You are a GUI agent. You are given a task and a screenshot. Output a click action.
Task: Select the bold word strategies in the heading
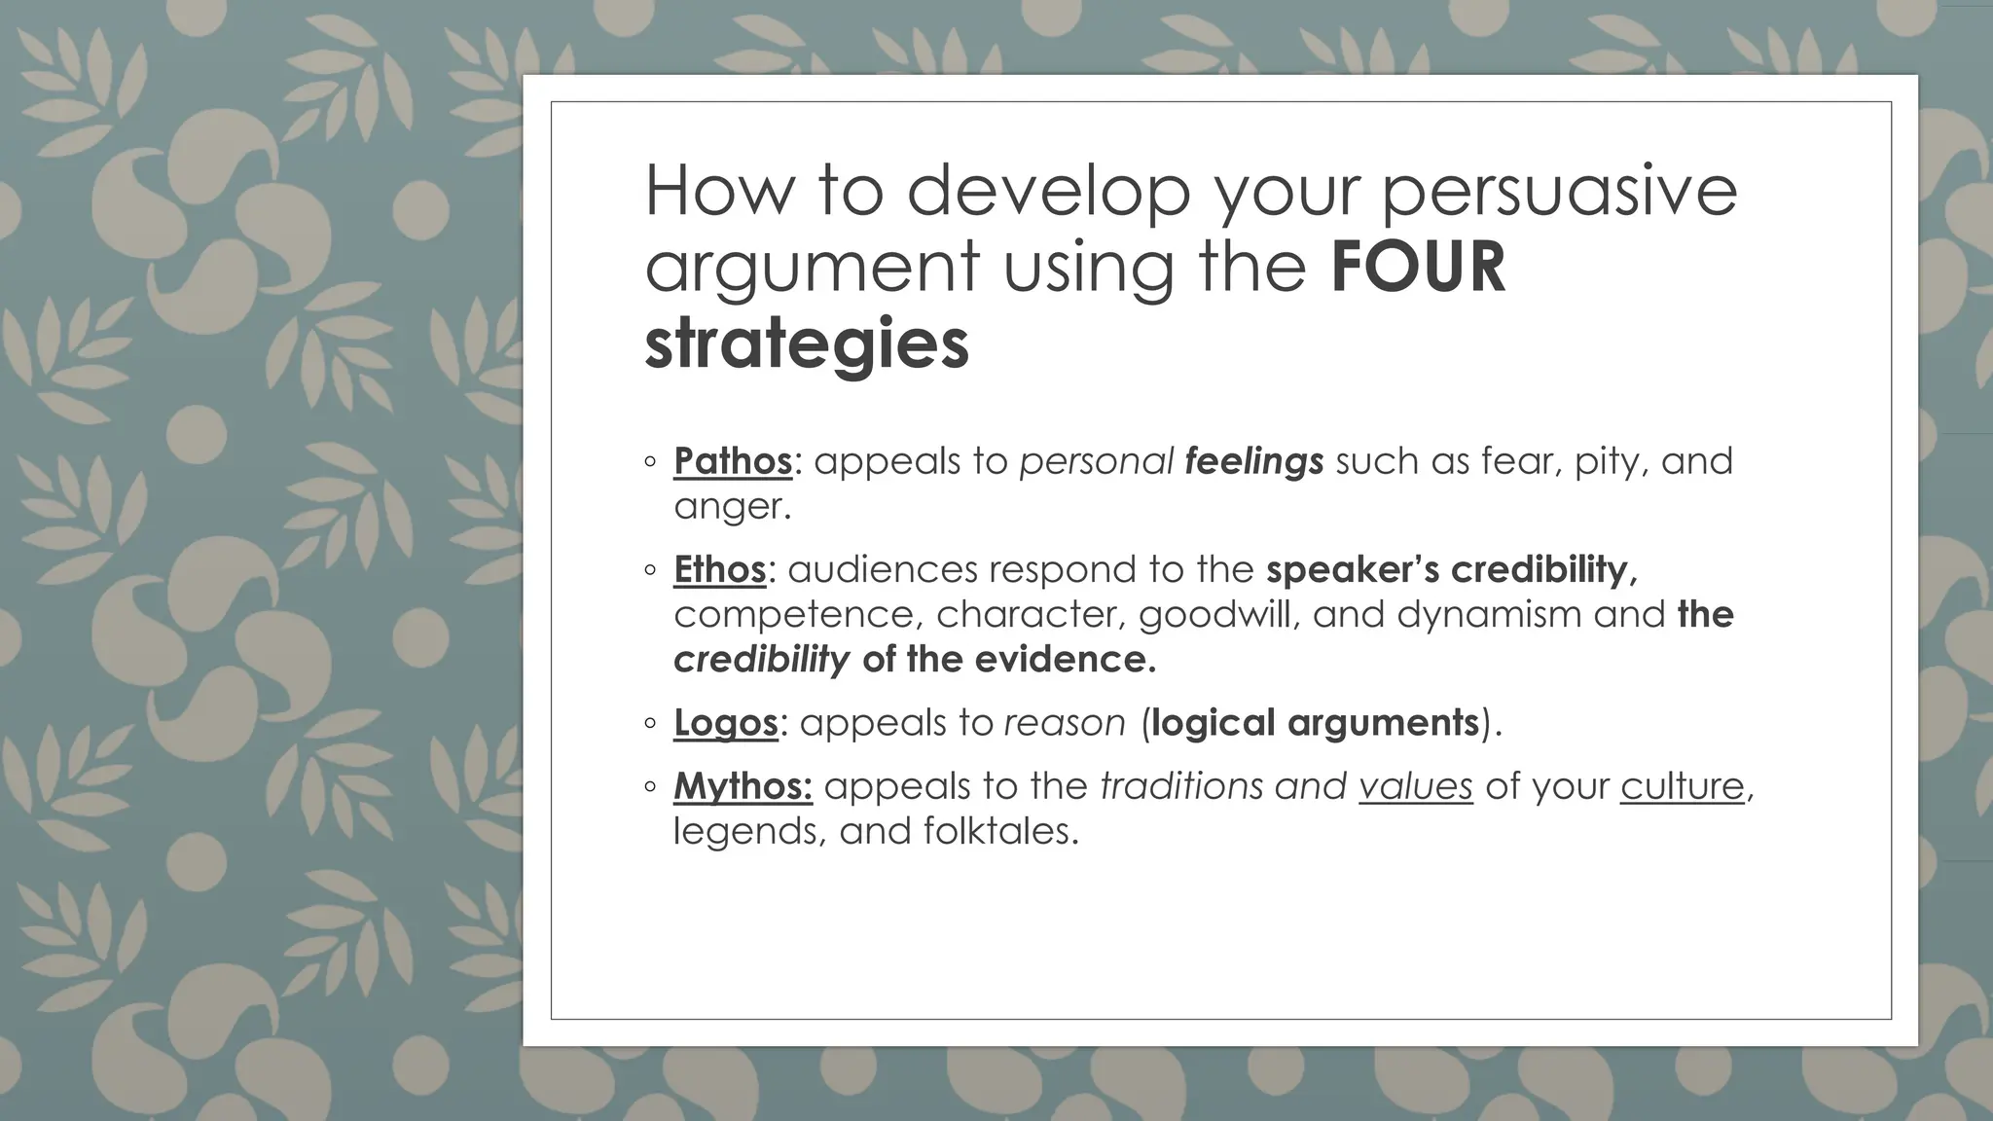tap(807, 344)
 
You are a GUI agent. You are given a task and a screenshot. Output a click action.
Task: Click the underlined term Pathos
tap(733, 461)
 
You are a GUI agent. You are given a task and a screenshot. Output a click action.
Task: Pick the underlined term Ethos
tap(719, 569)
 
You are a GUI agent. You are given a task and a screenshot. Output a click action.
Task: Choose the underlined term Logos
tap(725, 723)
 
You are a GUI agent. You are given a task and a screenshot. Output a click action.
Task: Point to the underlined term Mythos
tap(743, 786)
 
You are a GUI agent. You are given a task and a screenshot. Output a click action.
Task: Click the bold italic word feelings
tap(1254, 461)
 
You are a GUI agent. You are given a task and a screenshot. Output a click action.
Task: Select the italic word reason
tap(1064, 723)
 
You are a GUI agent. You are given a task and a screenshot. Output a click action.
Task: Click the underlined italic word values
tap(1415, 786)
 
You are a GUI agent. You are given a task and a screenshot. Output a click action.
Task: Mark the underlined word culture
tap(1682, 786)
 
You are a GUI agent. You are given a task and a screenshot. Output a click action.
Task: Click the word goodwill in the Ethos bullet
tap(1217, 615)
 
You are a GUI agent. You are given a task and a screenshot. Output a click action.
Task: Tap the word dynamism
tap(1490, 615)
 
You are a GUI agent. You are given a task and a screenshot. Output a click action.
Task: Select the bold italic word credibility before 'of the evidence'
tap(761, 660)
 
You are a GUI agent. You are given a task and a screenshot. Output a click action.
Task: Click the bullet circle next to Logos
tap(651, 724)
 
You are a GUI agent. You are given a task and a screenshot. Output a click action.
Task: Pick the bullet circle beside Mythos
tap(651, 787)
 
